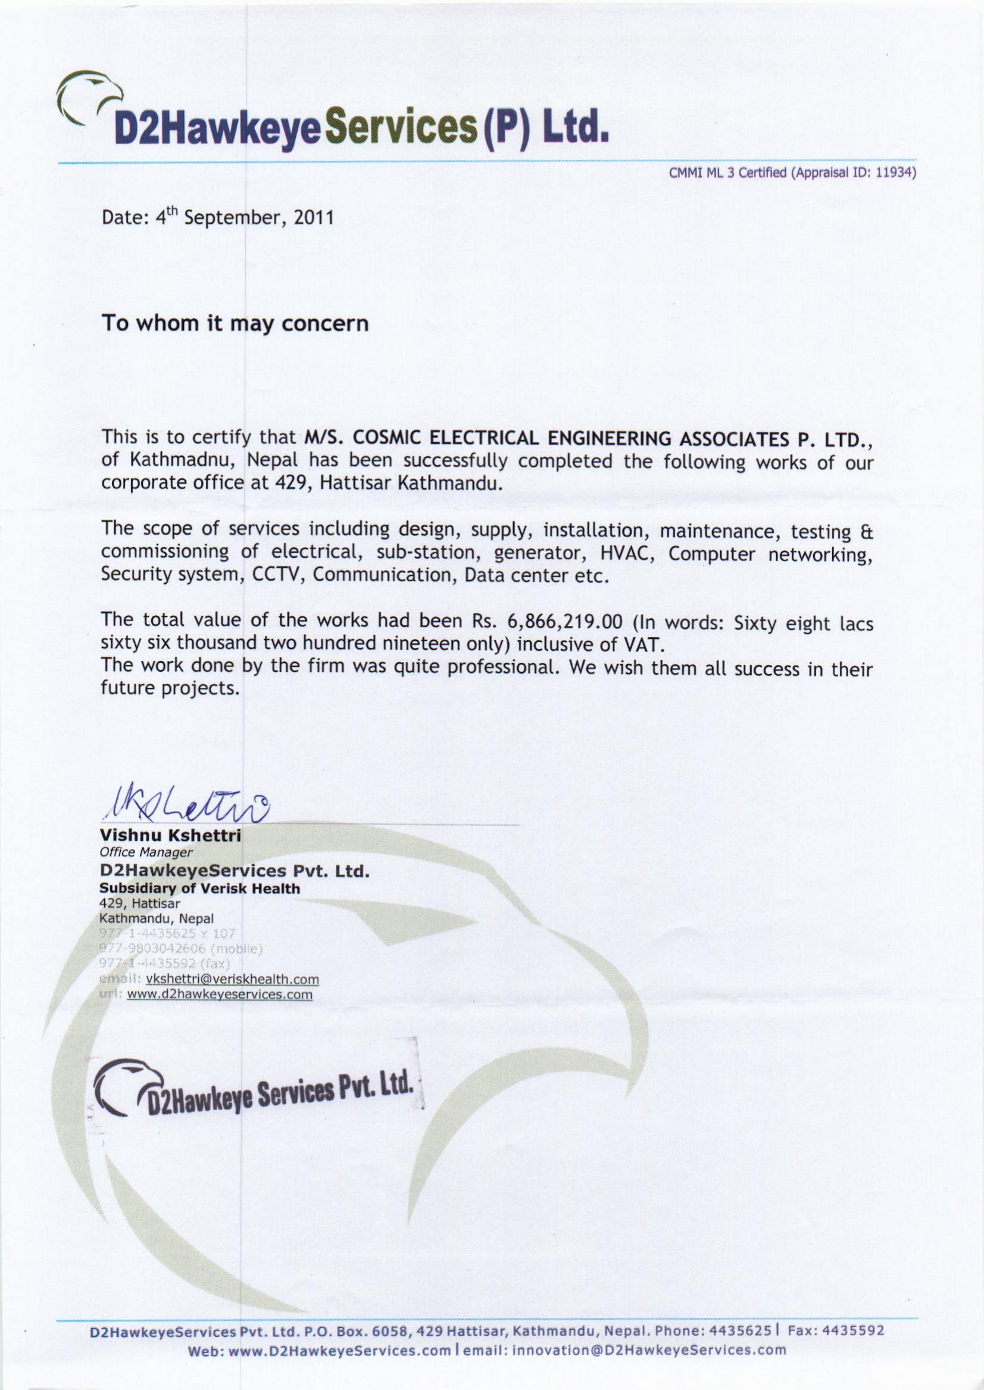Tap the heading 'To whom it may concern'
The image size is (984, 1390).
[235, 323]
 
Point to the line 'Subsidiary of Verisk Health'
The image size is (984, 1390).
[199, 889]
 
